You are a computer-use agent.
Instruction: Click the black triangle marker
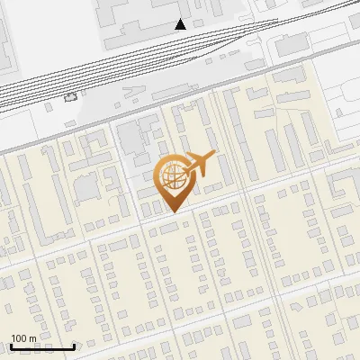click(181, 24)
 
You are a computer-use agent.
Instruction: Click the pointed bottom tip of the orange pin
click(173, 211)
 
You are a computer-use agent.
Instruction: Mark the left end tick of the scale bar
click(11, 346)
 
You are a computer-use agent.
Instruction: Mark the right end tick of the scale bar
click(74, 346)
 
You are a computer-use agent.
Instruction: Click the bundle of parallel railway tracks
click(135, 67)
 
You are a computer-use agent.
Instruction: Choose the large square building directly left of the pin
click(88, 189)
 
